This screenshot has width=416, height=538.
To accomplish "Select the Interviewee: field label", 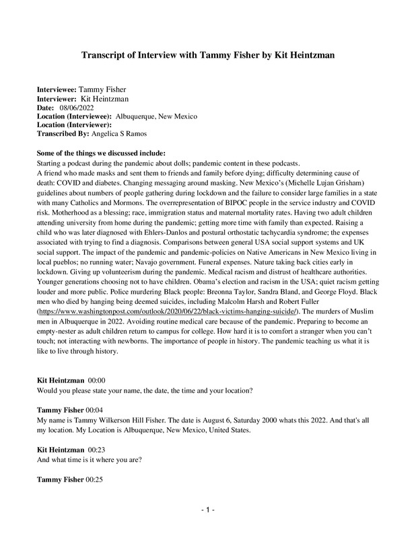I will tap(57, 88).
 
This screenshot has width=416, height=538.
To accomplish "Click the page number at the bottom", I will tap(208, 511).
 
